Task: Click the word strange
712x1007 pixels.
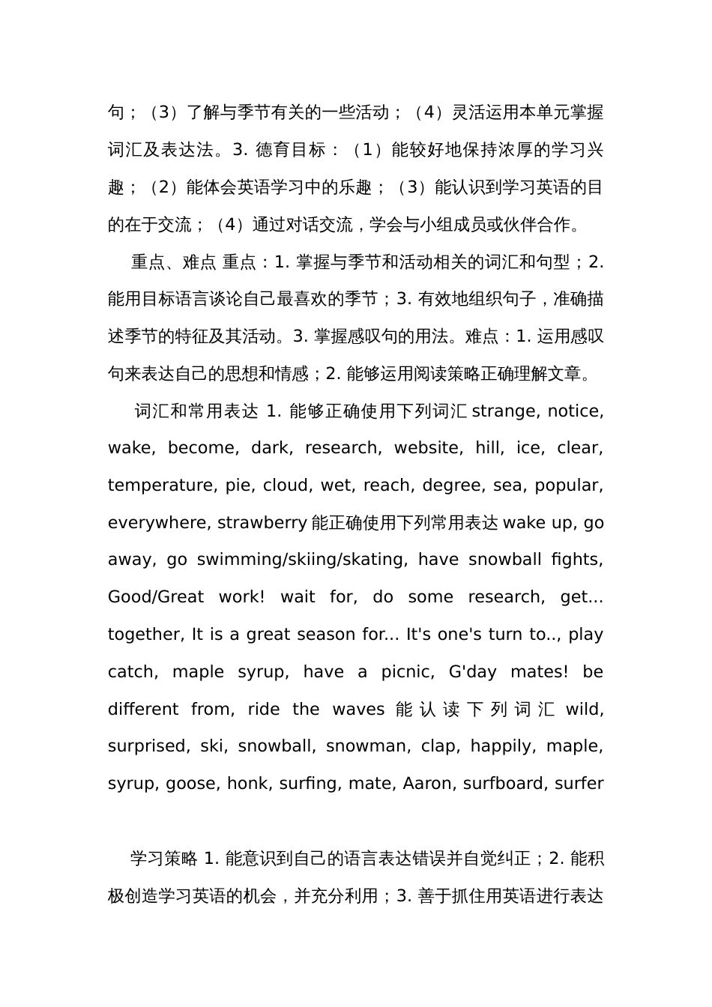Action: click(506, 411)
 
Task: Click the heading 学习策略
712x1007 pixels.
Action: click(163, 859)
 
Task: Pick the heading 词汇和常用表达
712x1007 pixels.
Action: click(196, 411)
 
